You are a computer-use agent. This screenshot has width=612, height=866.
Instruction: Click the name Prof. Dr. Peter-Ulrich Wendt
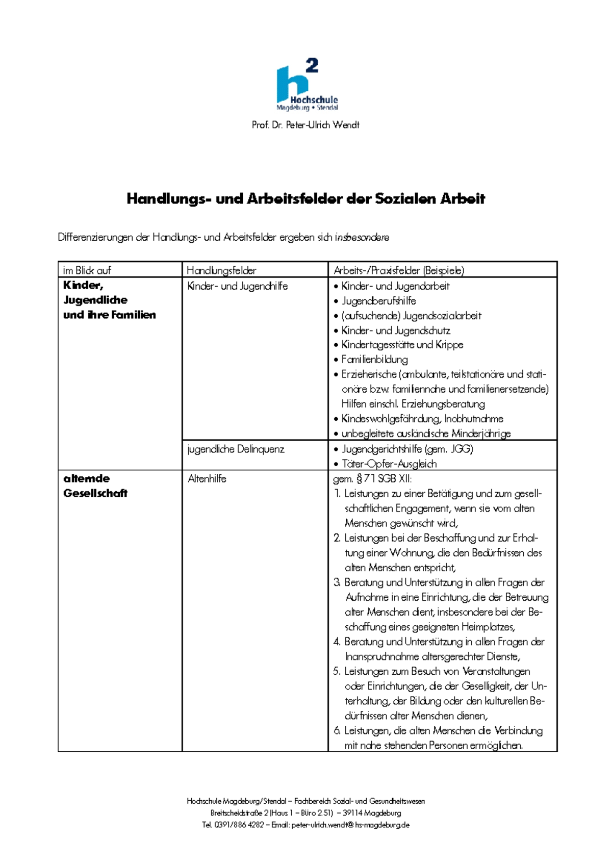(305, 125)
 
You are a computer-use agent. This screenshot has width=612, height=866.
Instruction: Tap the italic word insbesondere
(362, 238)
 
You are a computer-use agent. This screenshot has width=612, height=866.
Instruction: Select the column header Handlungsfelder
(221, 270)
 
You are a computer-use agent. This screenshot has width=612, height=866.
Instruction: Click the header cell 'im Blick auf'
(87, 270)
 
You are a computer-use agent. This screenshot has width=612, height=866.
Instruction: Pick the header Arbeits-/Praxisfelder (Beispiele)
(399, 270)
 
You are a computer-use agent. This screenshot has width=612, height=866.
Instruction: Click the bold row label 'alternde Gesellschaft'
(95, 486)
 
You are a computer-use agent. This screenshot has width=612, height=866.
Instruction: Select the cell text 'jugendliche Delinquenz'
(236, 449)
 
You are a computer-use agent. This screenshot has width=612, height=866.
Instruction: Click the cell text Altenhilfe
(207, 479)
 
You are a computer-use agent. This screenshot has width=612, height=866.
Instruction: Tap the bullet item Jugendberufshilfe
(378, 301)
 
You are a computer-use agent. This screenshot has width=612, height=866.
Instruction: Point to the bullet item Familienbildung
(374, 360)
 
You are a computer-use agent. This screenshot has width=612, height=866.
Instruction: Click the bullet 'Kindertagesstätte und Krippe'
(402, 345)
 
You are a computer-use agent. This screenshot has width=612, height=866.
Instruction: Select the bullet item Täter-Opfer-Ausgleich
(389, 464)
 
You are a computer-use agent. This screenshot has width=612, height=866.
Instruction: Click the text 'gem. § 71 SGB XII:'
(372, 479)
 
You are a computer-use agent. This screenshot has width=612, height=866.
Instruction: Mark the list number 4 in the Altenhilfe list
(337, 642)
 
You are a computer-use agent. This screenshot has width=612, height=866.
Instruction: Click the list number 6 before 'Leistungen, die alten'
(337, 731)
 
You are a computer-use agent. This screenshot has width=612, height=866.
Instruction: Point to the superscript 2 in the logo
(312, 65)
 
